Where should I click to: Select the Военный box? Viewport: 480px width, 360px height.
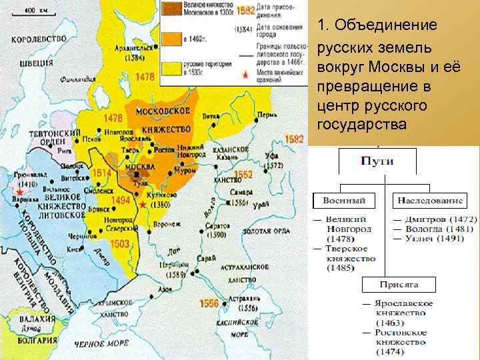343,201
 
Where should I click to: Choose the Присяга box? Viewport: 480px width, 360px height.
399,284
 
